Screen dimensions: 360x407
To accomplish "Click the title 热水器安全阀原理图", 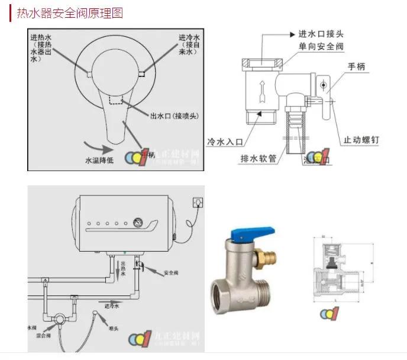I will coord(70,12).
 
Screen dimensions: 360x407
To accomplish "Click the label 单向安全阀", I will coord(321,46).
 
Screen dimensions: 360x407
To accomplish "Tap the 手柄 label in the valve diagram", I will coord(357,67).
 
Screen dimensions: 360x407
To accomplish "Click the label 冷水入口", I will coord(225,142).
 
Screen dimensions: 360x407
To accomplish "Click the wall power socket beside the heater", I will coord(198,203).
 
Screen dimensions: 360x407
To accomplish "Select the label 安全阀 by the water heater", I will coord(171,272).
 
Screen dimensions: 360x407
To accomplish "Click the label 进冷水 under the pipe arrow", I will coord(112,306).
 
